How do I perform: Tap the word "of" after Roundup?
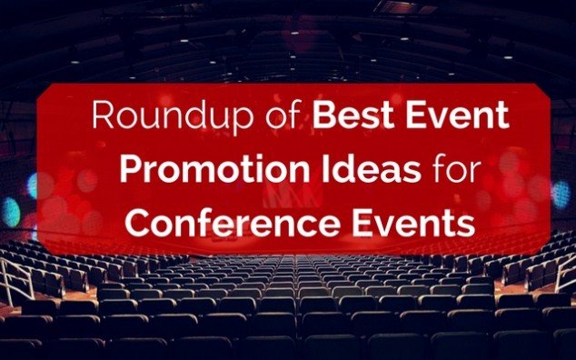265,119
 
